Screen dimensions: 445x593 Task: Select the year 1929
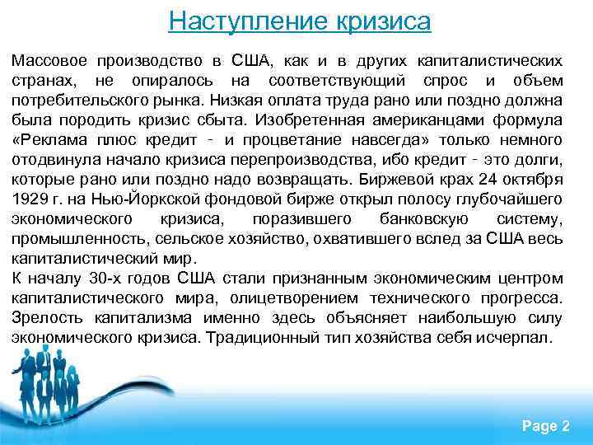click(x=30, y=199)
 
